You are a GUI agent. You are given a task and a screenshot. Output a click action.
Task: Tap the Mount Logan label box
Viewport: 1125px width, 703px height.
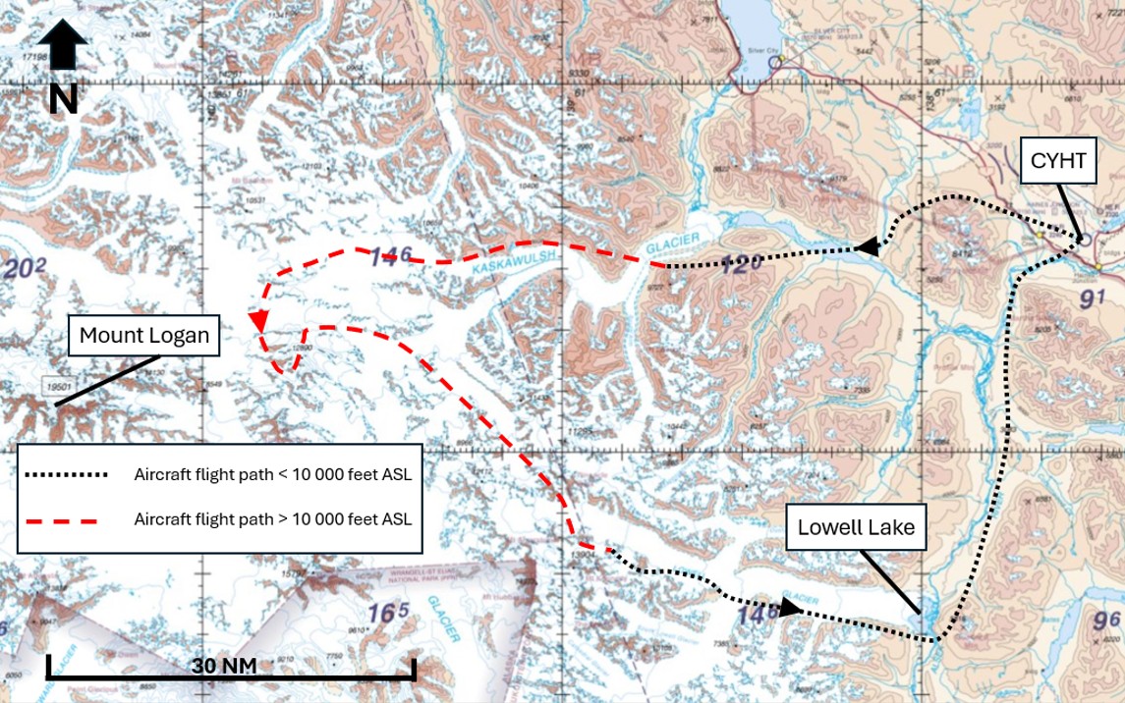point(144,335)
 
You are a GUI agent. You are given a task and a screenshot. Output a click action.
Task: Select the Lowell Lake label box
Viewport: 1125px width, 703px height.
point(856,527)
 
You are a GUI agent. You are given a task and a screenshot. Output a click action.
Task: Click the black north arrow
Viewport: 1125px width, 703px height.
point(63,46)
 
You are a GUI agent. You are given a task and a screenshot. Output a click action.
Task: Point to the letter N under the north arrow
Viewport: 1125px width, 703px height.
point(63,99)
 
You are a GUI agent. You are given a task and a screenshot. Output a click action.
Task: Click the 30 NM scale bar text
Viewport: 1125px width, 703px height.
point(224,666)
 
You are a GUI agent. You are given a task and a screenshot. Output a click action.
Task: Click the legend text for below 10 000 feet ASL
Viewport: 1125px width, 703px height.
point(272,474)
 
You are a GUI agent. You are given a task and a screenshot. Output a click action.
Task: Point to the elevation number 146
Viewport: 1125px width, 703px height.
point(390,257)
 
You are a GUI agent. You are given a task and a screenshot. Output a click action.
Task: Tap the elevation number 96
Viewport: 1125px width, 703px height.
point(1106,620)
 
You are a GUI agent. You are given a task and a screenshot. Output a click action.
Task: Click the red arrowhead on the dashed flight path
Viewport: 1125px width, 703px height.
point(259,321)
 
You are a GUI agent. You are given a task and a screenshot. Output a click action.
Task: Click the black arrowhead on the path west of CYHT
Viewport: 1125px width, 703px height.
point(866,248)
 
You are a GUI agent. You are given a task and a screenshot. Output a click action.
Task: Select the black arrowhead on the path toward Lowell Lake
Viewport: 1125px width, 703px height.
point(790,608)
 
